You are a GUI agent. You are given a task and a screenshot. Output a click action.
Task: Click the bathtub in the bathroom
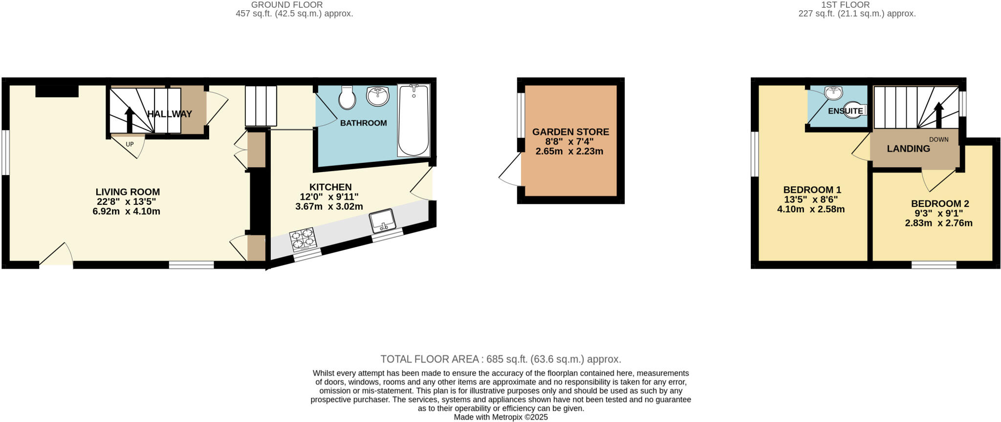coord(413,120)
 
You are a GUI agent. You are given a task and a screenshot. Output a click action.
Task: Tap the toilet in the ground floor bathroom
coord(348,98)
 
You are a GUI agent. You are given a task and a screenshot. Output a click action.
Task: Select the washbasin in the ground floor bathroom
coord(378,96)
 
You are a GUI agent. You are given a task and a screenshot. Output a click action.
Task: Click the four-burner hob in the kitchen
coord(303,240)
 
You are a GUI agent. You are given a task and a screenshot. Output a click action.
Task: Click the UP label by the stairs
coord(130,144)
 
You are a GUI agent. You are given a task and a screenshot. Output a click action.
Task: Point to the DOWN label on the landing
coord(938,139)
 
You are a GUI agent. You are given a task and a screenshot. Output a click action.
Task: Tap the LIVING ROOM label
coord(128,192)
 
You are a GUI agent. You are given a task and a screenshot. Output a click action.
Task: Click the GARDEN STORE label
coord(570,132)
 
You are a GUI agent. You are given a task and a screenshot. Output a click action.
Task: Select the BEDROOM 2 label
coord(939,204)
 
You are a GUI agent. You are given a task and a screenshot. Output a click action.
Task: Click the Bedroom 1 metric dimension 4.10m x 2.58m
coord(811,209)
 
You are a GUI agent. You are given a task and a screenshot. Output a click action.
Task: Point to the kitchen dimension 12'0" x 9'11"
coord(329,197)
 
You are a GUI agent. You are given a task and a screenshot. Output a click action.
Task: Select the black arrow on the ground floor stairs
coord(130,119)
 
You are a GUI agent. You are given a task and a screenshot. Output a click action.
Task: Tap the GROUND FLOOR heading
coord(287,5)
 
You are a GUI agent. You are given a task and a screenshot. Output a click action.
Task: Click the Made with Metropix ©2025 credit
coord(500,417)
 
